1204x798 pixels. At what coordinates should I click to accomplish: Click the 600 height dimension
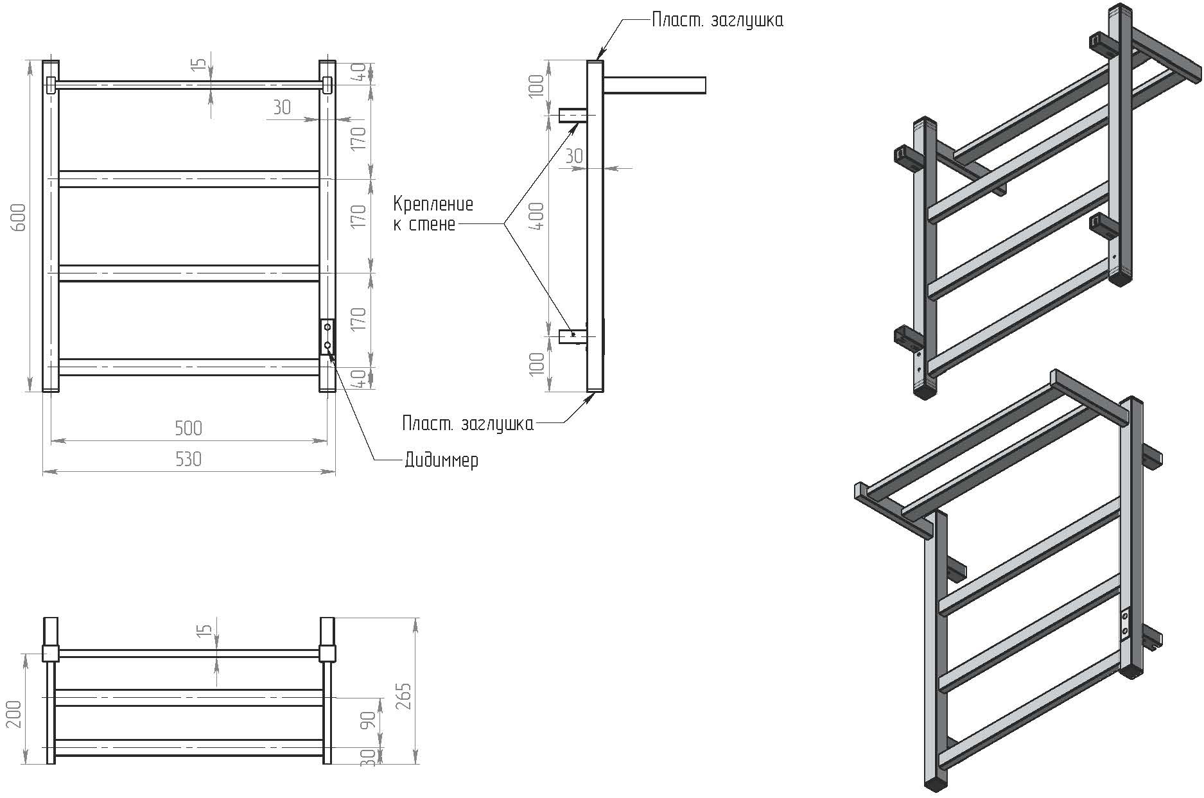tap(19, 217)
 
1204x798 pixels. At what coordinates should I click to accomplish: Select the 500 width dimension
tap(188, 428)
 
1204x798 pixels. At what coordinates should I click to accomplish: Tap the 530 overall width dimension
tap(188, 459)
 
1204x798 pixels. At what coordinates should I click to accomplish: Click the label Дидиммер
tap(441, 460)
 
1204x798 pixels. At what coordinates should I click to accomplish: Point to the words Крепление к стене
tap(433, 214)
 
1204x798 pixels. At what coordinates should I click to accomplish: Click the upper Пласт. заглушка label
tap(717, 21)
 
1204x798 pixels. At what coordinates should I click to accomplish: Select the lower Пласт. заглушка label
tap(467, 424)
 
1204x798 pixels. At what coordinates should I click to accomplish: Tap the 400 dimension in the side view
tap(538, 216)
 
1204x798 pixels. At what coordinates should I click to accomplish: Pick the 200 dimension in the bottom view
tap(14, 714)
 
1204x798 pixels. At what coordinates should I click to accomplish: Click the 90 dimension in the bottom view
tap(368, 720)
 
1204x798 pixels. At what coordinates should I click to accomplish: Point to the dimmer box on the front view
tap(327, 336)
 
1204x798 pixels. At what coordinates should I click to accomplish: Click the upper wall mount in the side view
tap(571, 116)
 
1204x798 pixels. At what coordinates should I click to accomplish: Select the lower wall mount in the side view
tap(571, 335)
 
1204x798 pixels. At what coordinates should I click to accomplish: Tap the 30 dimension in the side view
tap(574, 156)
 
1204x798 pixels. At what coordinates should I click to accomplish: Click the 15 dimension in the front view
tap(200, 64)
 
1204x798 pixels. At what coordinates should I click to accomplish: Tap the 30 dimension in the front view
tap(282, 107)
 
